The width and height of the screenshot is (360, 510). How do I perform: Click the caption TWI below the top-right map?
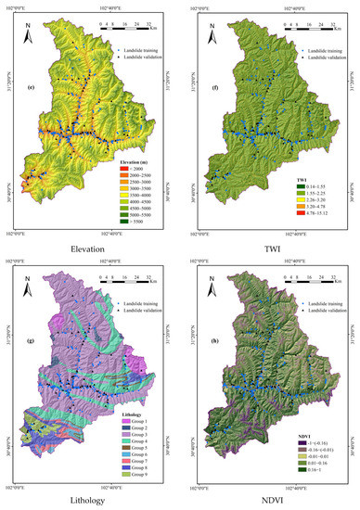tap(269, 249)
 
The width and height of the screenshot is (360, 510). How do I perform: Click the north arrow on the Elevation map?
tap(32, 30)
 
